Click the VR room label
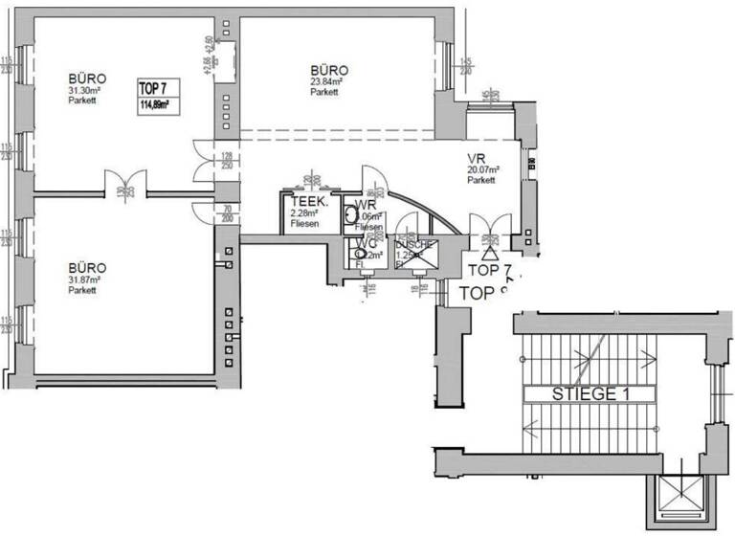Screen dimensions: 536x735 click(478, 158)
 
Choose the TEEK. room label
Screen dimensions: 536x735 click(310, 203)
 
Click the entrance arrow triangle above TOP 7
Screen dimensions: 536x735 click(491, 255)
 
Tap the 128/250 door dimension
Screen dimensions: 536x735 click(227, 160)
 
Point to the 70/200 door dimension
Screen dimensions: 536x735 click(227, 212)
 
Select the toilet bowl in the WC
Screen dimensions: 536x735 click(362, 254)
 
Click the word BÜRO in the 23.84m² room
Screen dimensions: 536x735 click(328, 71)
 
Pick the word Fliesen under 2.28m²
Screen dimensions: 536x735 click(305, 224)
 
